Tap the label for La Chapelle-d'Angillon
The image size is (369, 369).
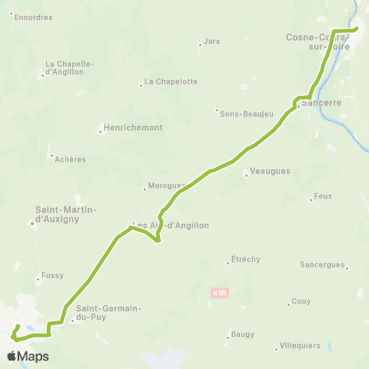point(69,68)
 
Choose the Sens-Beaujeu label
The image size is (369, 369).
point(246,114)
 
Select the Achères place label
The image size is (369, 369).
point(70,159)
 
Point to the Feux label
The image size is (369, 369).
point(323,196)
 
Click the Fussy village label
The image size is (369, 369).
point(52,275)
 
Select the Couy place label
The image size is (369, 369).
point(301,301)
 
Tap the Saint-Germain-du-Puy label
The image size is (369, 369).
point(108,313)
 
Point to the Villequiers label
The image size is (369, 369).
point(300,346)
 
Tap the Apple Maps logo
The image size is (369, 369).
point(28,357)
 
